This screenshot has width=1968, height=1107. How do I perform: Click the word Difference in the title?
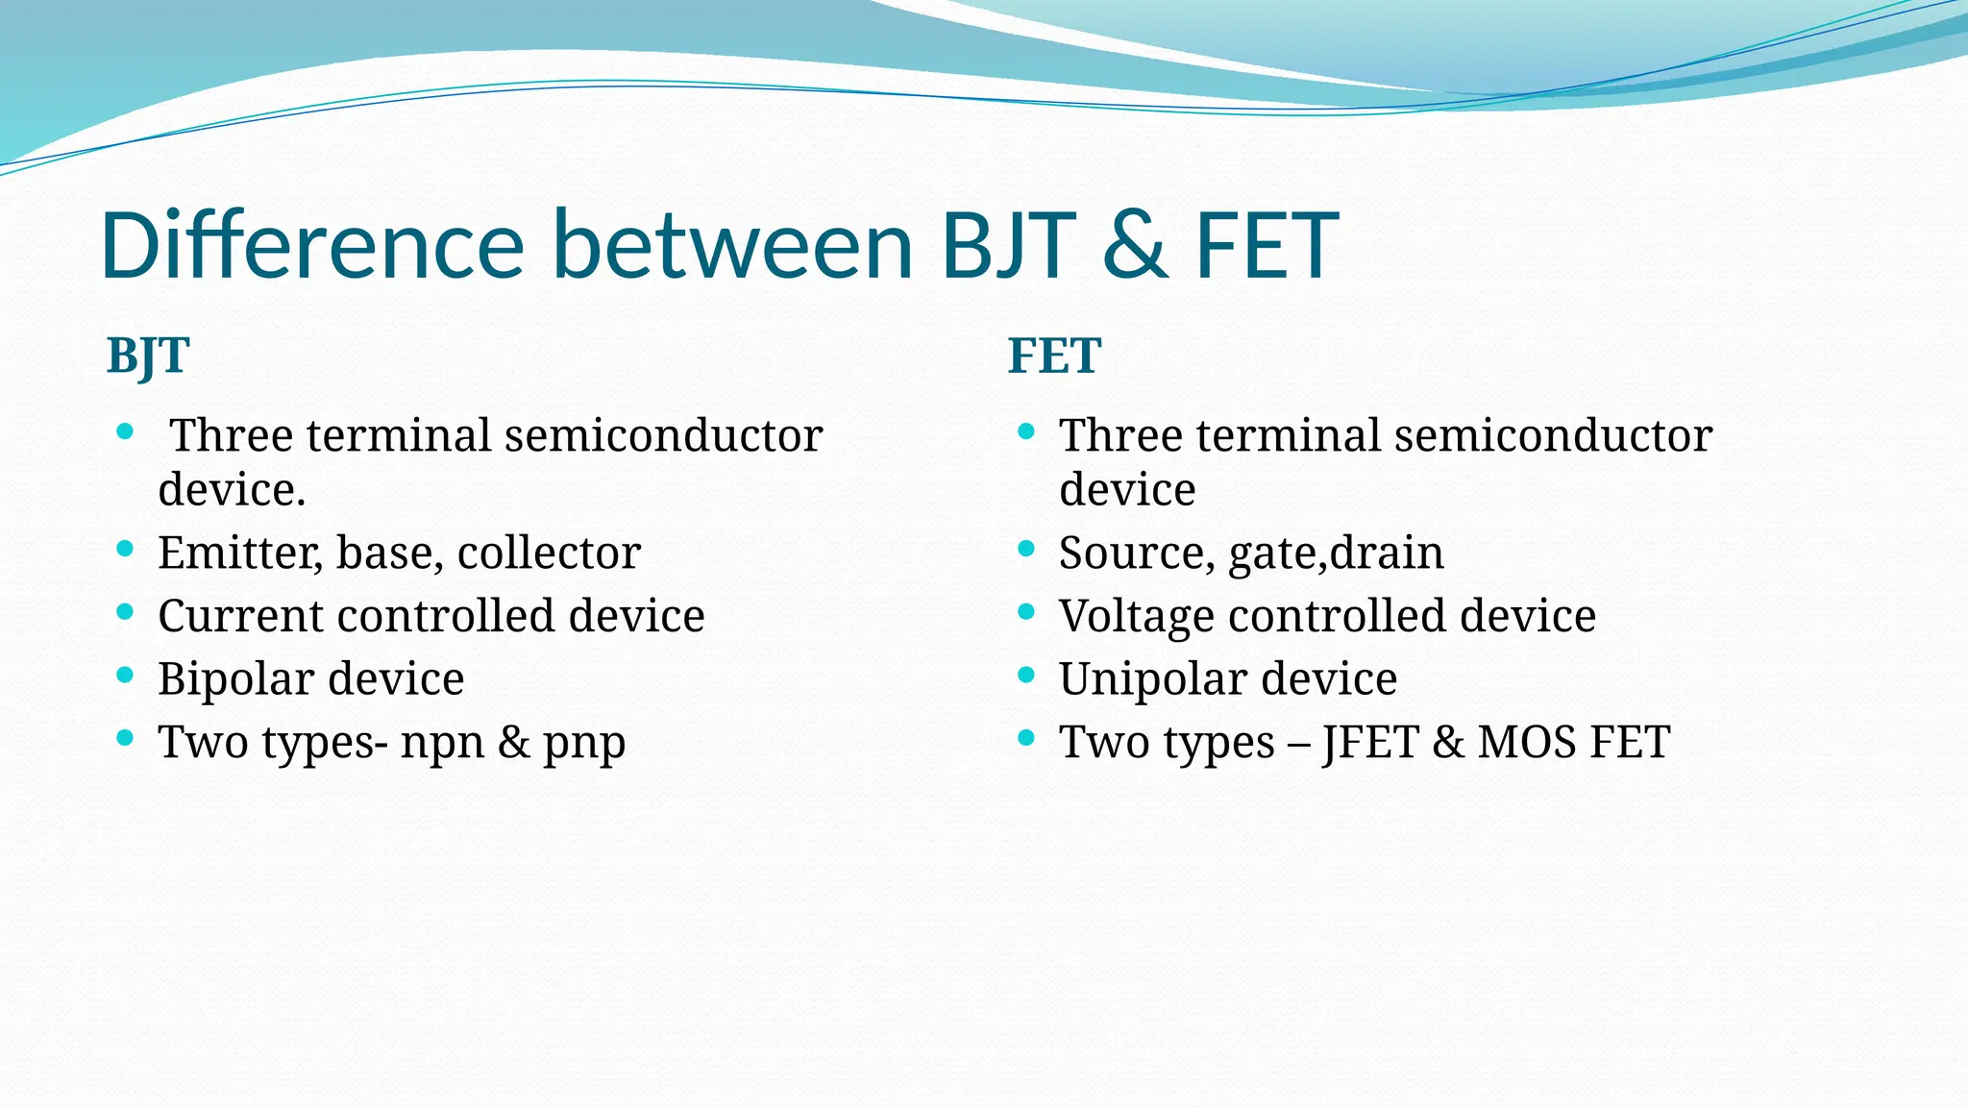(x=311, y=245)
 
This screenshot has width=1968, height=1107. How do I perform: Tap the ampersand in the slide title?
(x=1135, y=247)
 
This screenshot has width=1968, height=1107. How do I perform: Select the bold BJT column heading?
(x=148, y=357)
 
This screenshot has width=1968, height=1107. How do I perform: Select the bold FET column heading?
(x=1053, y=357)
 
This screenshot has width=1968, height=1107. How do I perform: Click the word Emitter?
(x=240, y=553)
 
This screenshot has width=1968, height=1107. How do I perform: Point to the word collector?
(x=549, y=553)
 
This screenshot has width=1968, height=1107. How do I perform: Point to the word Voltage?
(x=1137, y=616)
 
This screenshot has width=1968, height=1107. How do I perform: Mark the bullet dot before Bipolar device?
(x=125, y=675)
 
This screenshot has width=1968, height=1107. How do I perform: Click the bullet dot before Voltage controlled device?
(x=1026, y=611)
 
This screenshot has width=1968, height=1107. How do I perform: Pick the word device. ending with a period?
(x=232, y=490)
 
